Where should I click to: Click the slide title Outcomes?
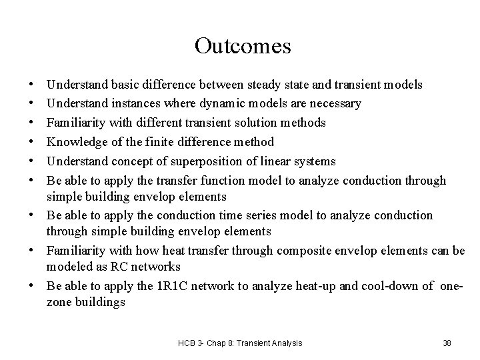[x=243, y=46]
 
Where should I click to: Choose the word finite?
[x=159, y=143]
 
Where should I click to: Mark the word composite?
[x=315, y=251]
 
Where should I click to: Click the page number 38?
[x=447, y=343]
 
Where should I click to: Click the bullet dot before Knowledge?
[x=32, y=143]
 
